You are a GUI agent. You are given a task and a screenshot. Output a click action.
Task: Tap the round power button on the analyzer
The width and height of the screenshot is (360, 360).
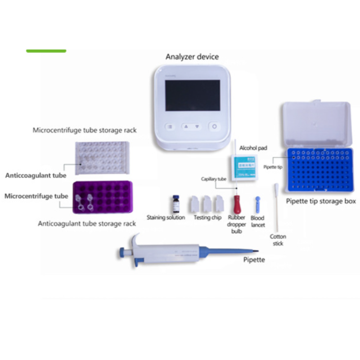tap(214, 126)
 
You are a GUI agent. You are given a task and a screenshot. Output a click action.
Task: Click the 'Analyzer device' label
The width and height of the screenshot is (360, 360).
tap(192, 57)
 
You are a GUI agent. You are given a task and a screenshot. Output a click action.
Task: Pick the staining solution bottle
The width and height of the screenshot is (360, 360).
tap(176, 204)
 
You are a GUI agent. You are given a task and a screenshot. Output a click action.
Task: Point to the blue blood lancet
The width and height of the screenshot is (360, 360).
tap(257, 205)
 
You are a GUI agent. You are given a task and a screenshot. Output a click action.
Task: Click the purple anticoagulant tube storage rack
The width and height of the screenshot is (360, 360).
tap(102, 198)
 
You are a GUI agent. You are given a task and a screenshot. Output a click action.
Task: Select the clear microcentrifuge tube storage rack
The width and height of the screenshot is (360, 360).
tap(102, 157)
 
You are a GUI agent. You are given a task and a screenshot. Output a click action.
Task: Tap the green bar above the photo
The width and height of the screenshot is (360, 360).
tap(46, 51)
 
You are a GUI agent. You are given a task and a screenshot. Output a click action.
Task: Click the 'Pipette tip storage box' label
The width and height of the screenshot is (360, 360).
tap(321, 201)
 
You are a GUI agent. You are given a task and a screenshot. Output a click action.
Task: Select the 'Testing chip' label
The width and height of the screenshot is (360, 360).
tap(207, 218)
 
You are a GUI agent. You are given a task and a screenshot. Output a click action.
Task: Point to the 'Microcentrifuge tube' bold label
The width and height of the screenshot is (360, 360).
tap(36, 196)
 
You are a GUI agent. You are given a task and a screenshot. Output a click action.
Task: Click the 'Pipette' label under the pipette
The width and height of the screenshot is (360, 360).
tap(254, 260)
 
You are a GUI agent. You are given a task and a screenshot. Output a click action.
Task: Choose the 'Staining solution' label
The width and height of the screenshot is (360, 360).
tap(166, 218)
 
